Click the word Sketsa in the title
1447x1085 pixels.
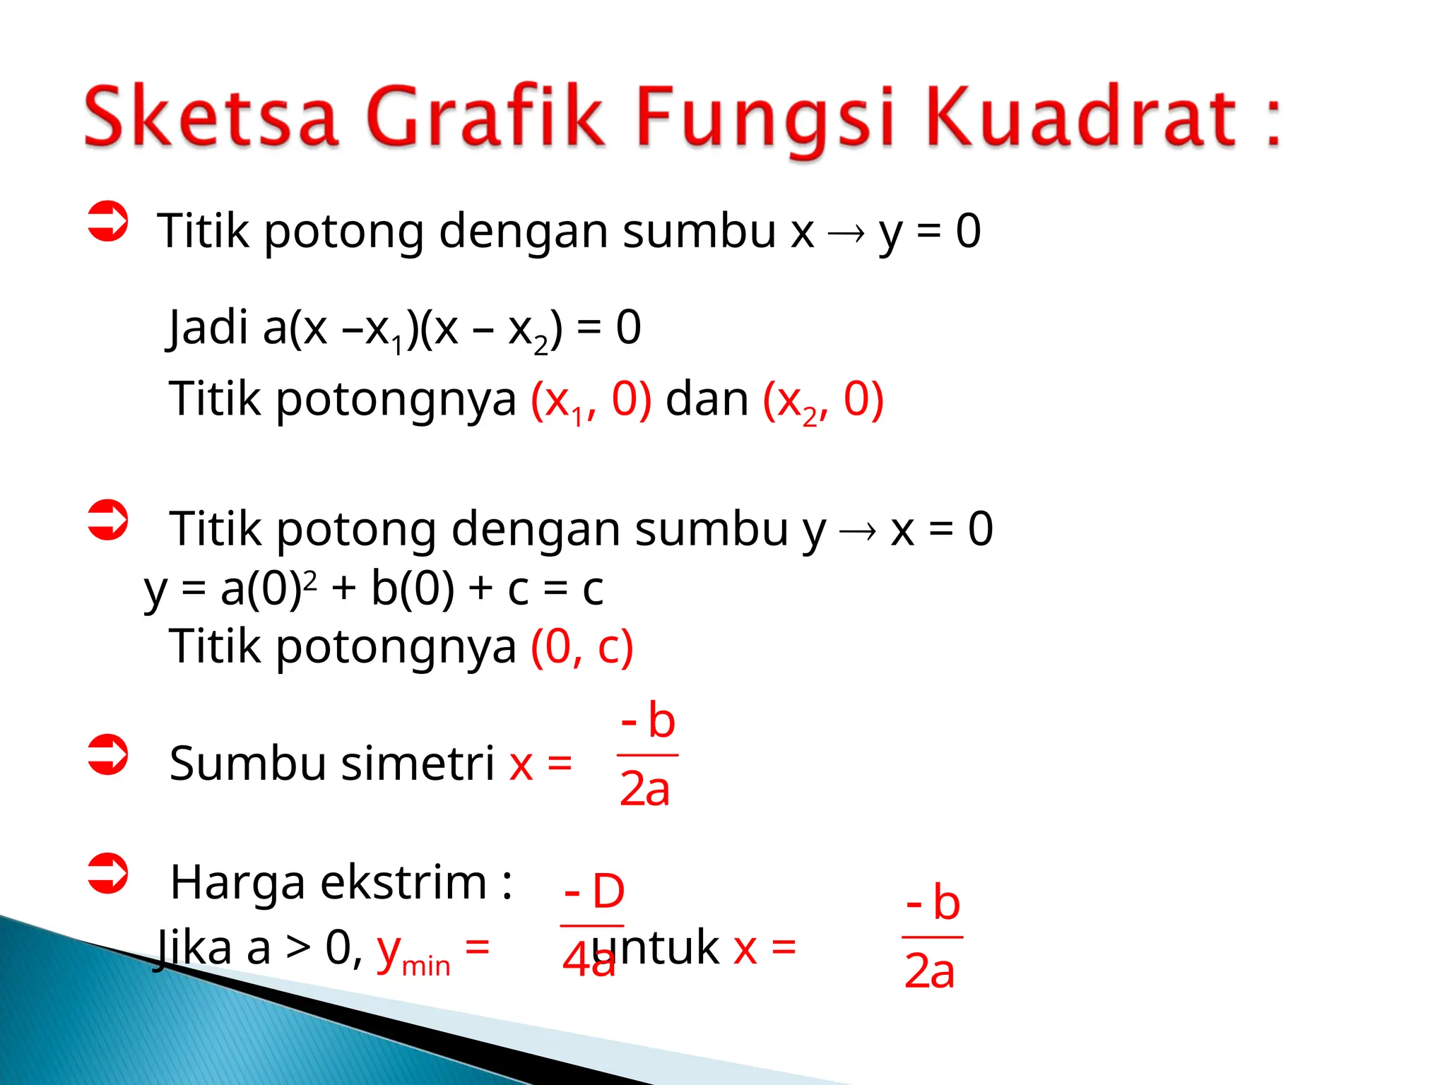point(211,117)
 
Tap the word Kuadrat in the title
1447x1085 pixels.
point(1081,117)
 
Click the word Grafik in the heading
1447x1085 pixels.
point(486,117)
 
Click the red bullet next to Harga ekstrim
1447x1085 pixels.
point(107,874)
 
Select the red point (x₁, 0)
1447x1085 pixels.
point(591,400)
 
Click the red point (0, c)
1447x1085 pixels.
point(581,646)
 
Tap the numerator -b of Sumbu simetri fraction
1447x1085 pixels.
point(648,721)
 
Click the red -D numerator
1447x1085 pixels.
point(594,891)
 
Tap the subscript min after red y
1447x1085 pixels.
point(426,966)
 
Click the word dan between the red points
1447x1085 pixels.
point(707,399)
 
